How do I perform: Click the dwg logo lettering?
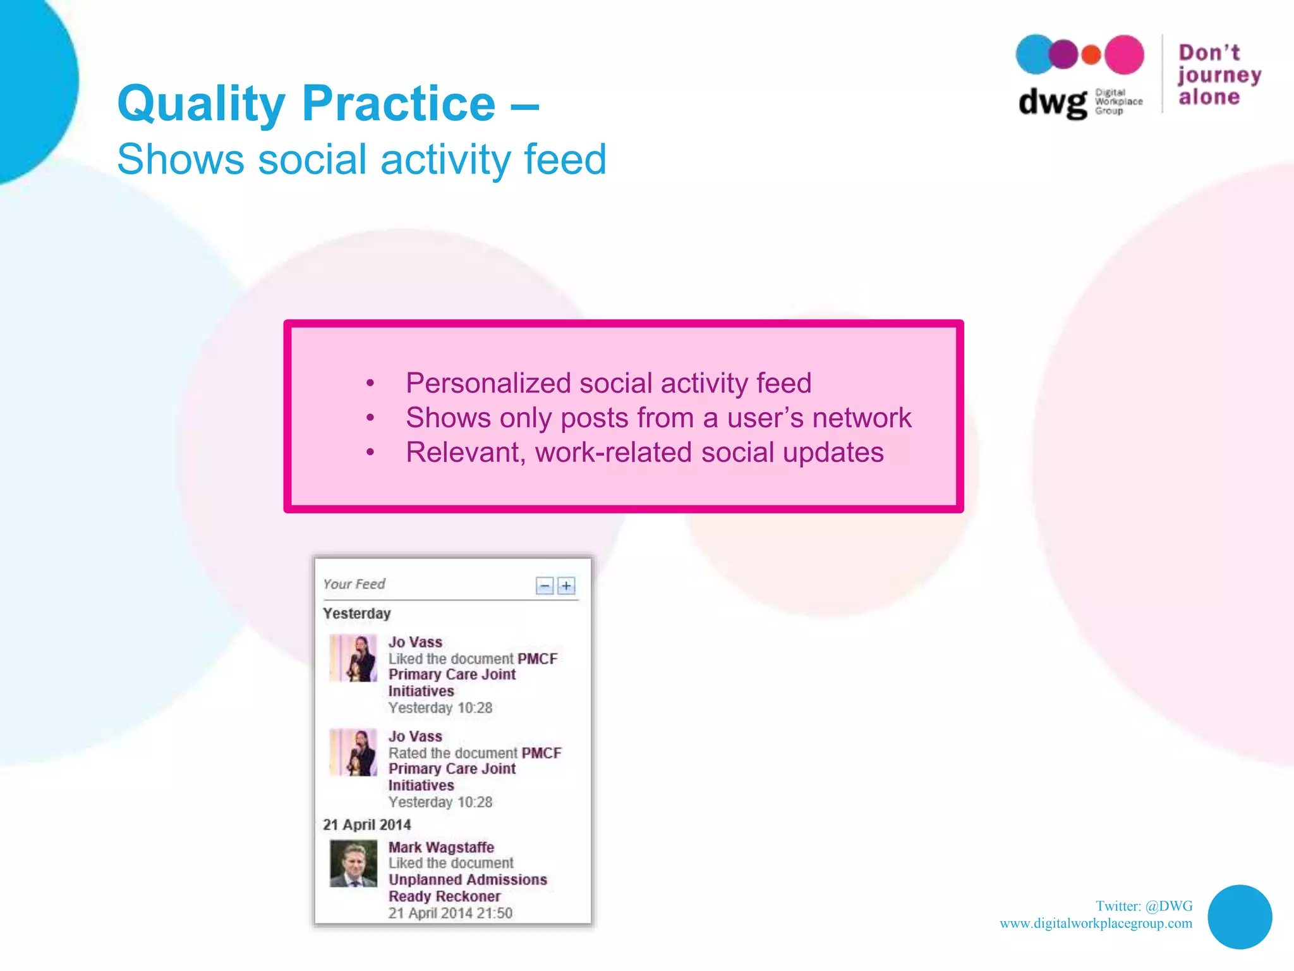click(x=1052, y=102)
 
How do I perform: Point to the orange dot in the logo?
click(x=1091, y=55)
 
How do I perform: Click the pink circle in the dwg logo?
click(x=1124, y=55)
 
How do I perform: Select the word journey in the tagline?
click(x=1219, y=75)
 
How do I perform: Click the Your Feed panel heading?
click(x=354, y=584)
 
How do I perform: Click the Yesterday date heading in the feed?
click(x=357, y=614)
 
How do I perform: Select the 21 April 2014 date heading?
click(x=367, y=825)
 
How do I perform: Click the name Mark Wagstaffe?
click(x=441, y=847)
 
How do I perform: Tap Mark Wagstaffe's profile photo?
click(x=353, y=864)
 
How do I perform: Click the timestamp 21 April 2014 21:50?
click(x=450, y=913)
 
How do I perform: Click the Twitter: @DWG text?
click(x=1144, y=906)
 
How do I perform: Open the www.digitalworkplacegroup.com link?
click(x=1096, y=924)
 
